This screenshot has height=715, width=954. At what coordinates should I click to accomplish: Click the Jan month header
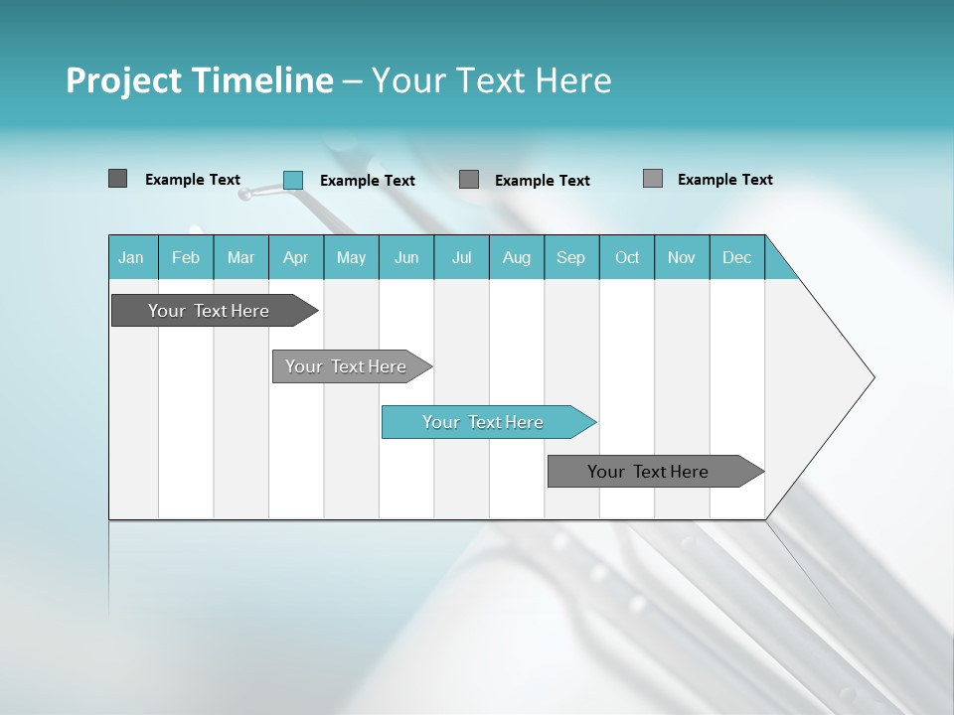pyautogui.click(x=132, y=257)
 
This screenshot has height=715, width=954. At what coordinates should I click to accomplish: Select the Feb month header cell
pyautogui.click(x=186, y=257)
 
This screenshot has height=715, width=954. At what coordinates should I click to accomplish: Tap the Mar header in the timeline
pyautogui.click(x=240, y=257)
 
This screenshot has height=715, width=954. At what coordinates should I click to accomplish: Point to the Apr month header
pyautogui.click(x=296, y=257)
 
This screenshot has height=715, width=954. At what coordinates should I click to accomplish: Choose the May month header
pyautogui.click(x=351, y=257)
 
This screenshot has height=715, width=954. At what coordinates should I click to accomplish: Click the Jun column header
pyautogui.click(x=406, y=257)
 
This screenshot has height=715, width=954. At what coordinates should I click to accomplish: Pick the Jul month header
pyautogui.click(x=461, y=257)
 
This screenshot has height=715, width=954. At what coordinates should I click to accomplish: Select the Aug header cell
pyautogui.click(x=517, y=257)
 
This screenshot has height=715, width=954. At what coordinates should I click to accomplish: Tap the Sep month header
pyautogui.click(x=571, y=257)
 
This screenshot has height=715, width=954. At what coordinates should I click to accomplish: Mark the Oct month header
pyautogui.click(x=627, y=257)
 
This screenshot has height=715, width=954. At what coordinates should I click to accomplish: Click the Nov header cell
pyautogui.click(x=682, y=257)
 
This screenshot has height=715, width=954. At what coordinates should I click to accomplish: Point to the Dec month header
pyautogui.click(x=737, y=257)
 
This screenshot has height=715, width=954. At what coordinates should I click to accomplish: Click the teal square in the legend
pyautogui.click(x=293, y=180)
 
